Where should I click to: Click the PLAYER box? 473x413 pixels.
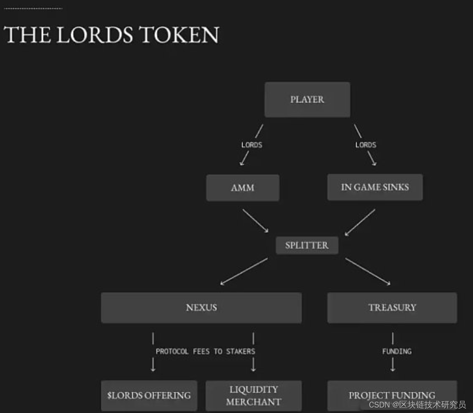307,100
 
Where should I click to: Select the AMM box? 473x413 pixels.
242,188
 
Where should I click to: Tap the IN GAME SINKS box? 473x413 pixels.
375,187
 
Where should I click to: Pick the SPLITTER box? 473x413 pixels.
307,245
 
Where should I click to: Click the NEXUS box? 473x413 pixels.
201,308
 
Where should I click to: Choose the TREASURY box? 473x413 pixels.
392,308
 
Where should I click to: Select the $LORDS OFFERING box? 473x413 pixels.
149,395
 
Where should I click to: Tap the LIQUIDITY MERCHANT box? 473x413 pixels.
253,395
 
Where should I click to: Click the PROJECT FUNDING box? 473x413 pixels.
392,395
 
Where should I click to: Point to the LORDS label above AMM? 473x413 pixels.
252,145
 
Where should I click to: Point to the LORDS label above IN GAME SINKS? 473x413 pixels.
366,145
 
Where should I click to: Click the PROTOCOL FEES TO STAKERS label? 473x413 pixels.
205,351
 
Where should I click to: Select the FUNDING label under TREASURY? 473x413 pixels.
397,351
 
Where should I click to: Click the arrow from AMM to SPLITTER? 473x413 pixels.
255,221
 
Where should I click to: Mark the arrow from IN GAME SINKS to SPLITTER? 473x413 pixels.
360,222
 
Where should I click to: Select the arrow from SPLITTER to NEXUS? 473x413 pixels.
244,271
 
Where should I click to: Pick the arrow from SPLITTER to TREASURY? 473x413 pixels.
368,271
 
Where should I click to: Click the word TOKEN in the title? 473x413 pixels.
179,35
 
